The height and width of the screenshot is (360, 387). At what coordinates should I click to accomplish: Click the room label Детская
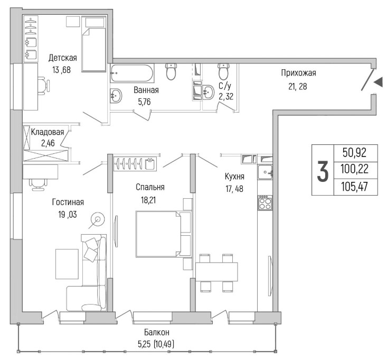click(63, 58)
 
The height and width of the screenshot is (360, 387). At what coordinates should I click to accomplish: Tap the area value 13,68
click(61, 70)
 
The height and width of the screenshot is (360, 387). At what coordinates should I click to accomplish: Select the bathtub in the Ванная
click(132, 73)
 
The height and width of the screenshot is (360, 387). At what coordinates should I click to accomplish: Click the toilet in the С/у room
click(224, 71)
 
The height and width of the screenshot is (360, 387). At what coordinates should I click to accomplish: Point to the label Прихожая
click(298, 73)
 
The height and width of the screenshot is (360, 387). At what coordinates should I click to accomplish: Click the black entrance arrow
click(378, 82)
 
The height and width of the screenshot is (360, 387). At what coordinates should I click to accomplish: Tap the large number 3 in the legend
click(323, 171)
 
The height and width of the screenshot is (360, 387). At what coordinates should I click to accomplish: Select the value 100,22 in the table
click(354, 169)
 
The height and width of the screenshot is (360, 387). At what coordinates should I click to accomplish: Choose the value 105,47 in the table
click(354, 186)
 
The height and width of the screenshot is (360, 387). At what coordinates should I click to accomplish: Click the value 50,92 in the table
click(354, 153)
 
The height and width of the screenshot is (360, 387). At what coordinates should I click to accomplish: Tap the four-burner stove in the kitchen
click(265, 203)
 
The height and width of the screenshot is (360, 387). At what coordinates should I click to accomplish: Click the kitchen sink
click(265, 171)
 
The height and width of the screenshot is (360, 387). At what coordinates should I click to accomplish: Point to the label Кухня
click(234, 177)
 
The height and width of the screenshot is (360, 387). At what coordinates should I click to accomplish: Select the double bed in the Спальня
click(164, 234)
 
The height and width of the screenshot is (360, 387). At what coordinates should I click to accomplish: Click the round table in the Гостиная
click(98, 219)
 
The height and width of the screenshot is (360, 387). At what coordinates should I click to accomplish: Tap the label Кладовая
click(48, 132)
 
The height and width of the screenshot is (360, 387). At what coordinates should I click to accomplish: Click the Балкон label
click(157, 333)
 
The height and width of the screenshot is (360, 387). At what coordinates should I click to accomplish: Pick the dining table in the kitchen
click(216, 272)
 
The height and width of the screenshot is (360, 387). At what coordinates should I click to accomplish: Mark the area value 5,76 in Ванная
click(144, 102)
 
